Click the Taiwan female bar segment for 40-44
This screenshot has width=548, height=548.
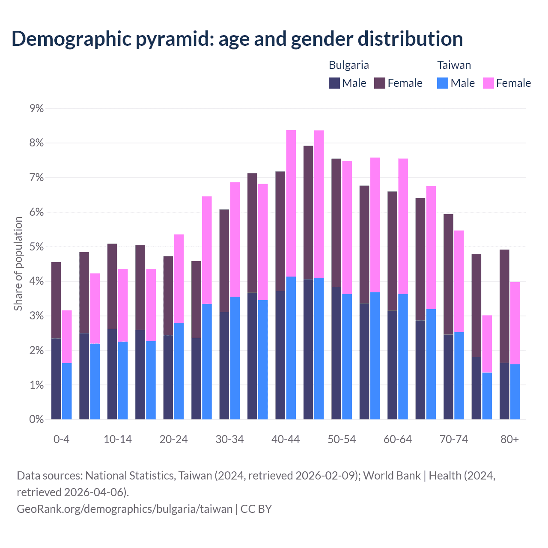click(x=291, y=203)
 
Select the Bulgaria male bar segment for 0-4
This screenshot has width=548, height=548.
click(x=56, y=378)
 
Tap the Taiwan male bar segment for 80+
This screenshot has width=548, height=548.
click(x=515, y=392)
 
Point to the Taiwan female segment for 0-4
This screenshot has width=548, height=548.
click(x=67, y=337)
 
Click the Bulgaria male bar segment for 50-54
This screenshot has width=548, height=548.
click(x=337, y=353)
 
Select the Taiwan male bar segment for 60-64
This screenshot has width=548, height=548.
click(x=403, y=356)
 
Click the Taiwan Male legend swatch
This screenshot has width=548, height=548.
click(x=443, y=83)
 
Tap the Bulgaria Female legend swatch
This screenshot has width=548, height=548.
click(x=380, y=83)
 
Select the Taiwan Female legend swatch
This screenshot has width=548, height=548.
click(x=488, y=83)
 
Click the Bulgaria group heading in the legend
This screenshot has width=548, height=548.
click(x=348, y=65)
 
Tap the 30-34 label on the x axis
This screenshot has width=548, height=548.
click(x=229, y=439)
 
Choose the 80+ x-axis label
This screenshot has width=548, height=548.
click(x=509, y=439)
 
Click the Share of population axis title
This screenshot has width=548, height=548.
click(x=18, y=264)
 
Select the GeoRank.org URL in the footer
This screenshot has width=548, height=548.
click(x=124, y=509)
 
